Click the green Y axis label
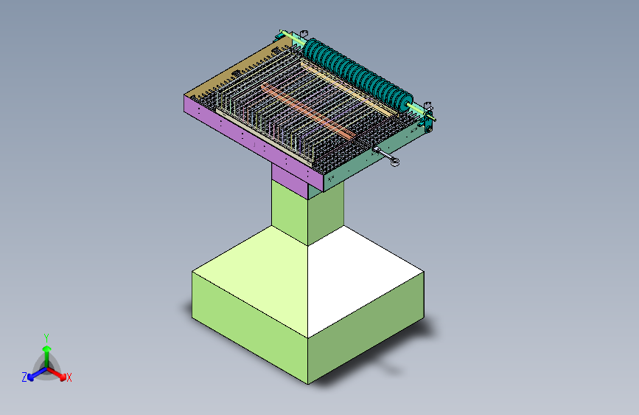[46, 337]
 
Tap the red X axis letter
[69, 377]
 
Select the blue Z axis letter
[24, 377]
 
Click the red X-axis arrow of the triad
[57, 374]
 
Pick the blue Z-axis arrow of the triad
[38, 374]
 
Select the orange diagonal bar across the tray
[307, 110]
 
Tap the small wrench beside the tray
[386, 156]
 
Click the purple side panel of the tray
[253, 143]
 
